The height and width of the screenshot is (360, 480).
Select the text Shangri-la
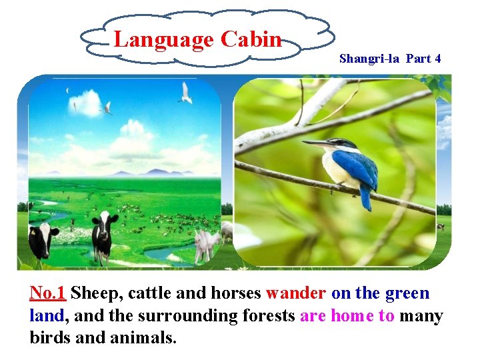pos(369,59)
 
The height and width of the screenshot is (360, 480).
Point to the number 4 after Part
pos(437,59)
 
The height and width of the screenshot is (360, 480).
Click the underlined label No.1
pos(47,293)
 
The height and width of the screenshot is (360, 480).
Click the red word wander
pos(296,293)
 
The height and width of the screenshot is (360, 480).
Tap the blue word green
pos(407,293)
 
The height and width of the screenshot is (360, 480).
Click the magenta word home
pos(353,316)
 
